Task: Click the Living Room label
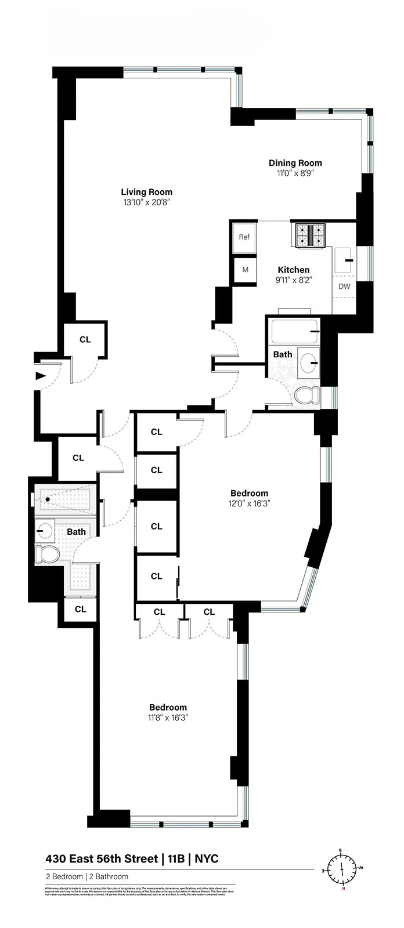146,192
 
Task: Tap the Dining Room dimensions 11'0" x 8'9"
295,173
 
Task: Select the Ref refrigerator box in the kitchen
244,237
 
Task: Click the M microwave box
245,270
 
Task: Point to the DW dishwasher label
344,287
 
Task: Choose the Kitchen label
293,270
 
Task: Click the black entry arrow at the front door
40,376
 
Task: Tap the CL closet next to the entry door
85,339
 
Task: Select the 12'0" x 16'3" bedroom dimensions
249,503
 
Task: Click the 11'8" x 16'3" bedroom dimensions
168,717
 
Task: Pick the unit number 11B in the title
172,859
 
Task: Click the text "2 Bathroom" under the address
109,876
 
